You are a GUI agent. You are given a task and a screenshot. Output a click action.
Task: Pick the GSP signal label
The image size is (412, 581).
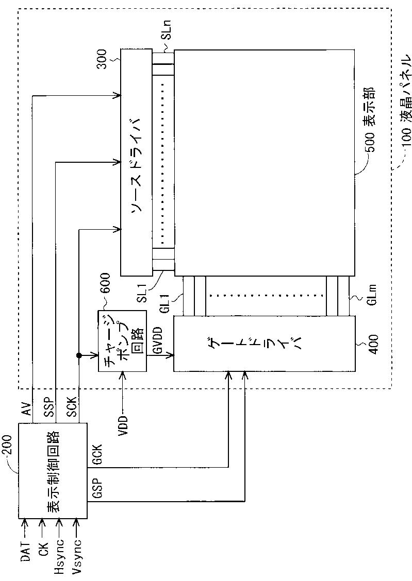[98, 490]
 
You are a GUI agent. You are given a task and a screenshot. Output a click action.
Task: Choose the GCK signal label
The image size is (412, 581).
[98, 455]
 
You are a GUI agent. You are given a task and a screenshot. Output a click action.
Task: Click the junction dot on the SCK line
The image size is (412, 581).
[78, 355]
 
